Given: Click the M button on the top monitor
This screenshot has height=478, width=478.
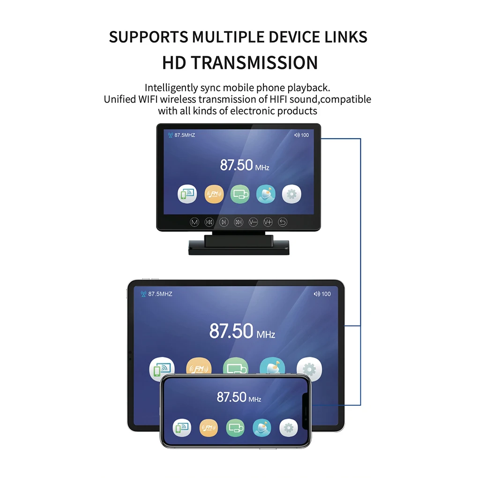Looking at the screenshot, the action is (194, 222).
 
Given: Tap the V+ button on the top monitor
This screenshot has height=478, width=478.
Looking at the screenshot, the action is (268, 222).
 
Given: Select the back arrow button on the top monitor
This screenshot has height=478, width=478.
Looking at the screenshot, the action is (283, 222).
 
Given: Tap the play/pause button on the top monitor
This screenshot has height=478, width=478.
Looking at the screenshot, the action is (224, 222).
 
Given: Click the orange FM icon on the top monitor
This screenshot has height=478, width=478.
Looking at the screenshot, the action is (214, 194).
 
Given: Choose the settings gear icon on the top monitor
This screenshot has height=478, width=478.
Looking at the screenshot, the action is (291, 194).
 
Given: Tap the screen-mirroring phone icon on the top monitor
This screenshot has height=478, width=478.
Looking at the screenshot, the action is (187, 194).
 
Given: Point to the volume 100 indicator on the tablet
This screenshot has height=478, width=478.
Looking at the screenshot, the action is (322, 294).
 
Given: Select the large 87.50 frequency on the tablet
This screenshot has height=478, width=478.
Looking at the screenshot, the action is (232, 331).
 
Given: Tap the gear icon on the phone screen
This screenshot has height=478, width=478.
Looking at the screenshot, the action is (289, 427).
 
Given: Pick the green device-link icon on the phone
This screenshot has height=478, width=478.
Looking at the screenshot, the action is (235, 427).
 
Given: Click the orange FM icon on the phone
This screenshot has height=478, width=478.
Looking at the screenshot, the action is (209, 427).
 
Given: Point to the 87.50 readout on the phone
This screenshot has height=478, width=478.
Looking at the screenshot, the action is (232, 397).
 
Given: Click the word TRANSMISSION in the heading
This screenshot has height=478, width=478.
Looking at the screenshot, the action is (259, 63).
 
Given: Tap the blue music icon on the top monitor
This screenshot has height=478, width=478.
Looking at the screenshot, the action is (266, 194).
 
